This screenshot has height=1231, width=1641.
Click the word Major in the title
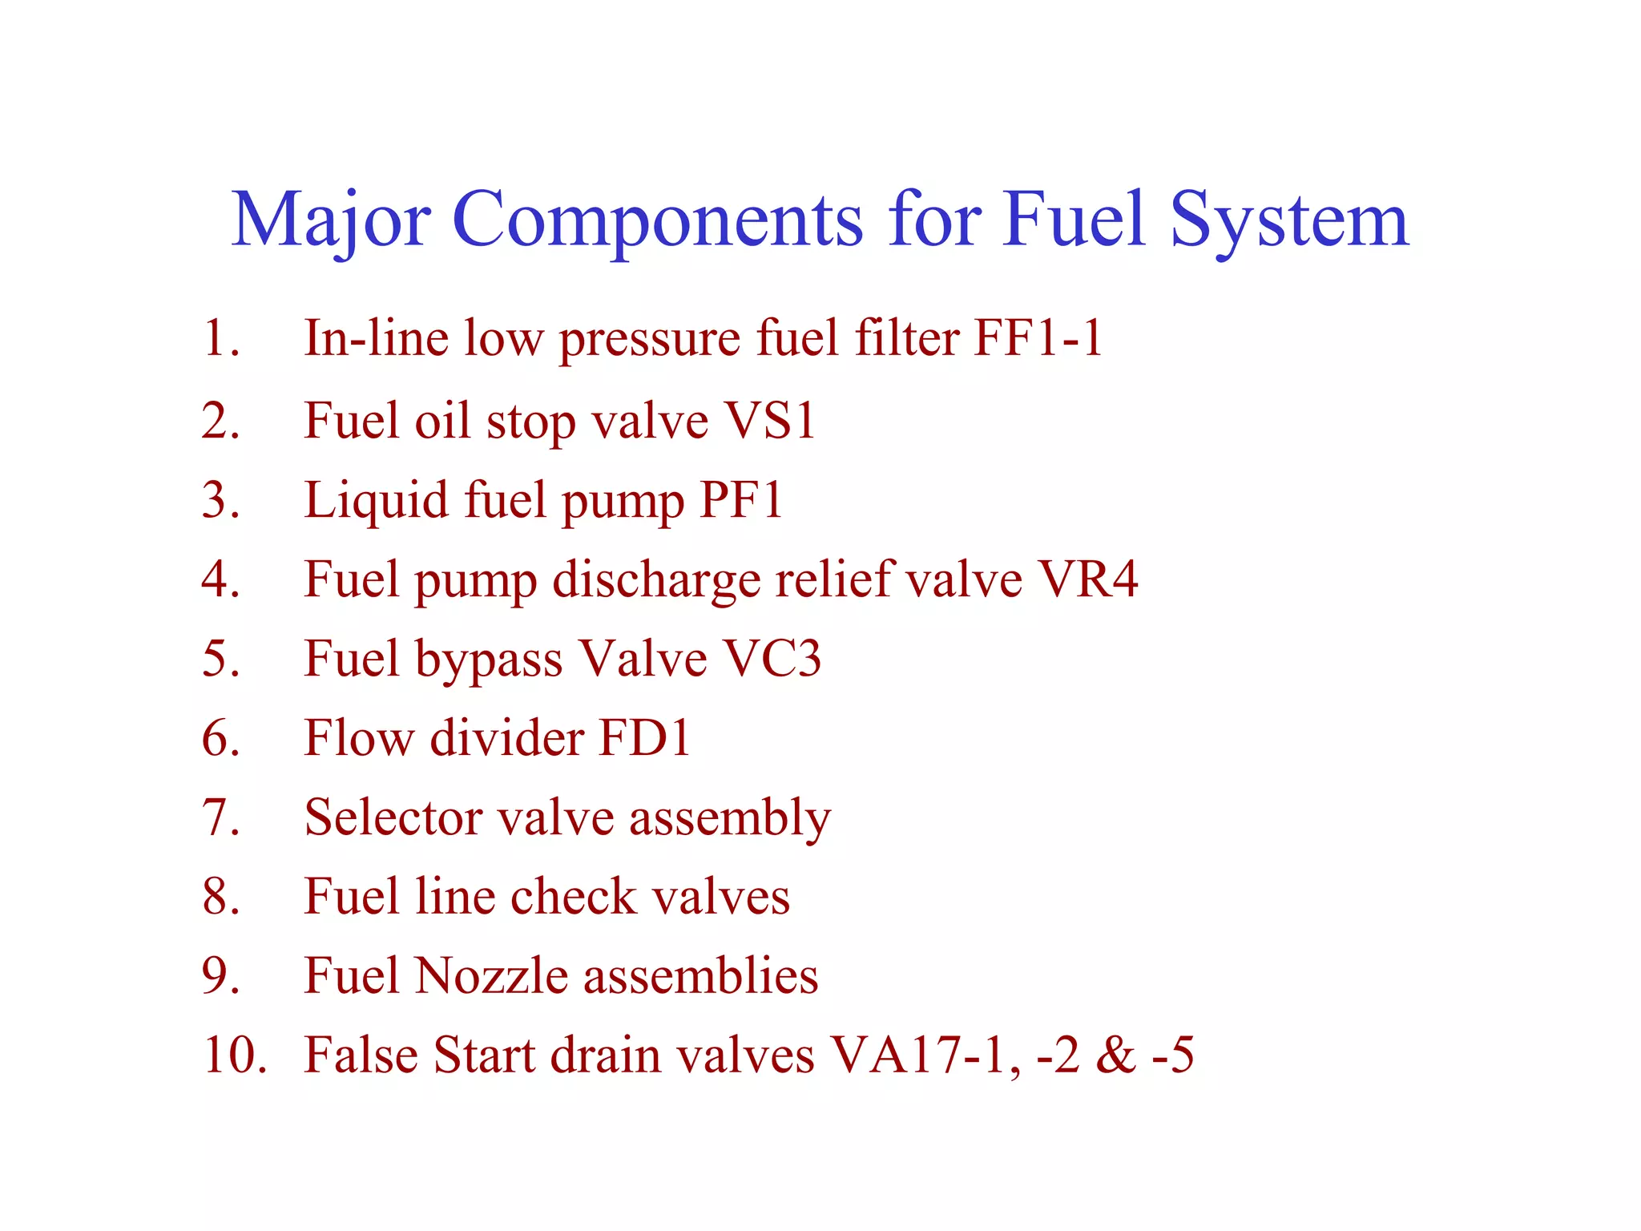(331, 220)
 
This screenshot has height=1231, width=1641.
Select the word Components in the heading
(658, 220)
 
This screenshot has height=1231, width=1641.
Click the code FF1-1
(1038, 337)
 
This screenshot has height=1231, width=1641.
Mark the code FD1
(644, 737)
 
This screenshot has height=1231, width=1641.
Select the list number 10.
(234, 1055)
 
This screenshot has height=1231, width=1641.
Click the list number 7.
(221, 817)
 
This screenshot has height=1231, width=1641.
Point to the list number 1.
(221, 337)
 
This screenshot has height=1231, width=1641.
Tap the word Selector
(393, 817)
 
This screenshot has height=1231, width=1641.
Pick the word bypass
(489, 660)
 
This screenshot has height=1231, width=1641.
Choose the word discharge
(656, 580)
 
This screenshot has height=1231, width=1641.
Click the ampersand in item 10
(1115, 1055)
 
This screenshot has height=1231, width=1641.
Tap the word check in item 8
(574, 896)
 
